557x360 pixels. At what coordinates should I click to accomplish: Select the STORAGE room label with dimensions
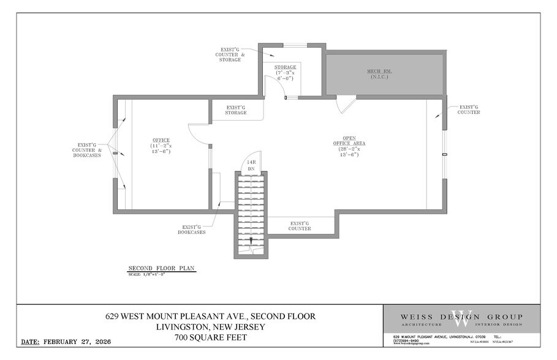point(285,72)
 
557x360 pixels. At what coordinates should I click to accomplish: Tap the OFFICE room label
point(161,146)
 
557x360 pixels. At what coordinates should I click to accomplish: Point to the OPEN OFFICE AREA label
point(349,146)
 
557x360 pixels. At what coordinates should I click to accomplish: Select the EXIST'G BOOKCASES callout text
point(192,229)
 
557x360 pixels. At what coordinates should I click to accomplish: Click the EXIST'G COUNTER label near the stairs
point(300,226)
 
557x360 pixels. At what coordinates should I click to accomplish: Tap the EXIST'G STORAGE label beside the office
point(236,110)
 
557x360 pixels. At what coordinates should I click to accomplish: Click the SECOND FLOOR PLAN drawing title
point(161,268)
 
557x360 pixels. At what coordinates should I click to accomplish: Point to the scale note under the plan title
point(147,274)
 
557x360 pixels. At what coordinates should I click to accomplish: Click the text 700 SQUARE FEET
point(210,337)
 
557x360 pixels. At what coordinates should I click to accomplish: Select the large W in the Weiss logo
point(462,318)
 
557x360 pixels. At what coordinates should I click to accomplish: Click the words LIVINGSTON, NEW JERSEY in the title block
point(210,327)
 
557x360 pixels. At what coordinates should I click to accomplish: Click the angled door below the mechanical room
point(346,105)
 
